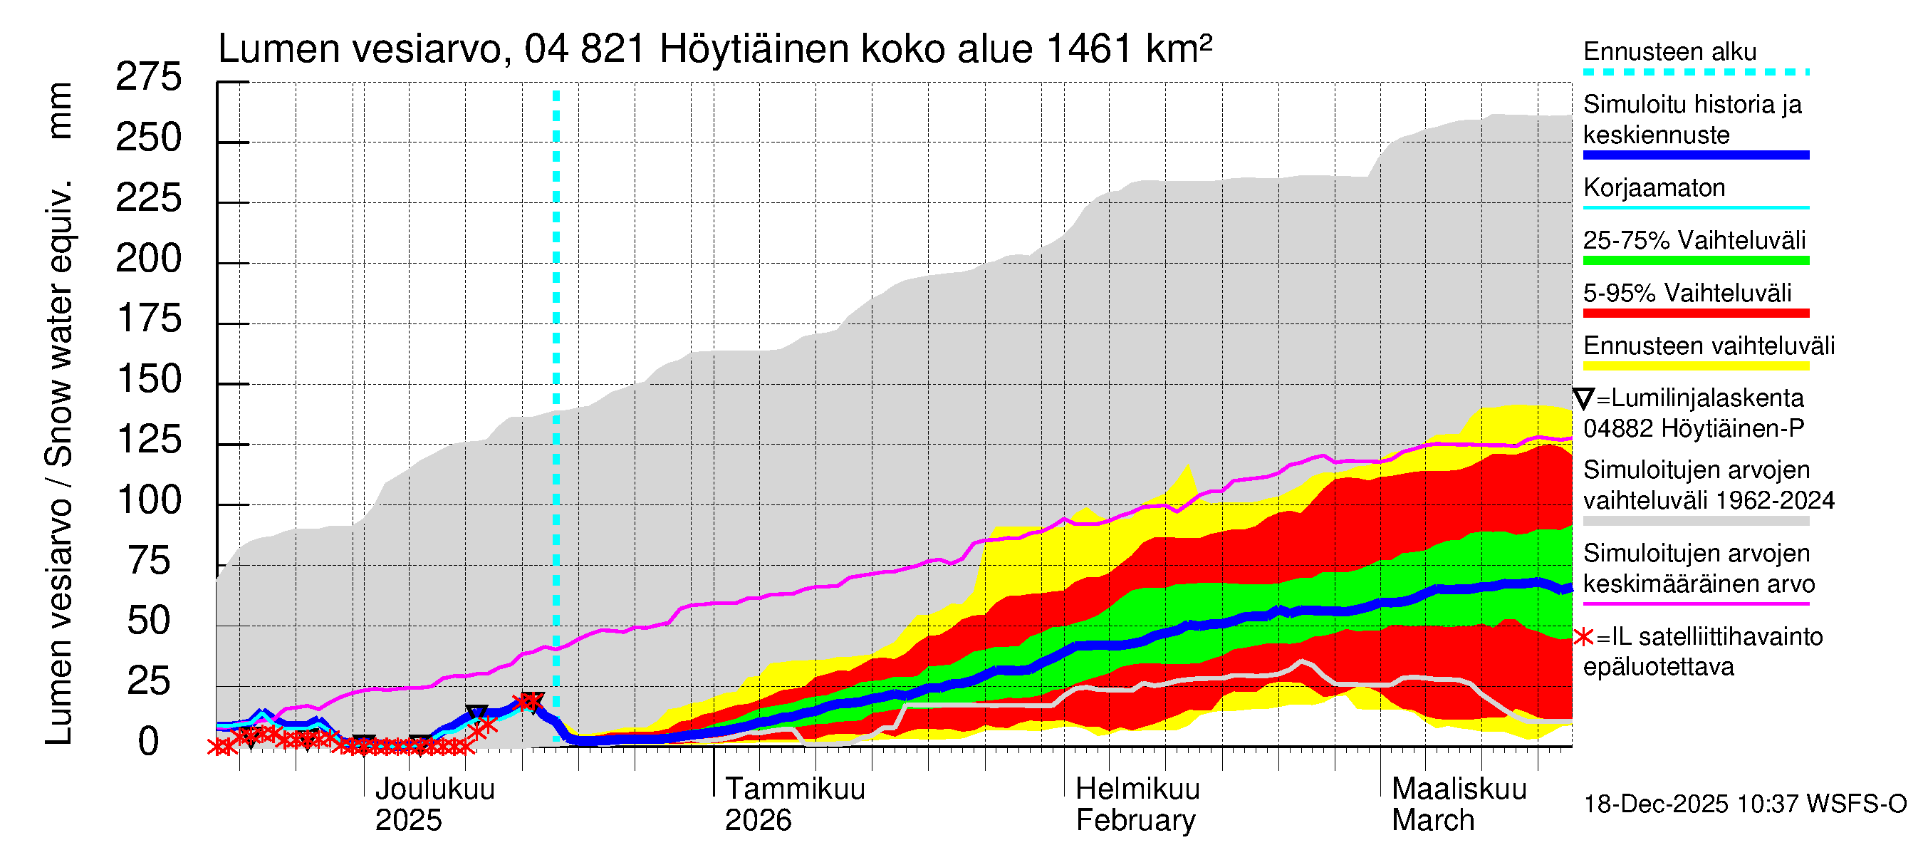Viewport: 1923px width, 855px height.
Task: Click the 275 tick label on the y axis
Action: point(149,77)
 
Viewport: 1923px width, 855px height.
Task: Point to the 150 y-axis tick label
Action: point(150,379)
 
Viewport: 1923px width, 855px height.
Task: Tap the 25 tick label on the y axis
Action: point(150,681)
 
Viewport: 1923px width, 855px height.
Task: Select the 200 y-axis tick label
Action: point(149,259)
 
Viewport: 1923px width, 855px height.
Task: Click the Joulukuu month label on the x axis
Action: point(434,789)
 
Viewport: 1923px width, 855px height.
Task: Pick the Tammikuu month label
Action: point(795,789)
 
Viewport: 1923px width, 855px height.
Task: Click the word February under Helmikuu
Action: point(1135,820)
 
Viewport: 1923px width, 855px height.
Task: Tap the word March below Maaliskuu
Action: point(1432,820)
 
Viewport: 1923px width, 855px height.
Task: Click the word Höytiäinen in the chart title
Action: point(754,49)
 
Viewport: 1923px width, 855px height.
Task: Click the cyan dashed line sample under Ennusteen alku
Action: point(1695,73)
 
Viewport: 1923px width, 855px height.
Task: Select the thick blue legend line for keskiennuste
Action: point(1695,155)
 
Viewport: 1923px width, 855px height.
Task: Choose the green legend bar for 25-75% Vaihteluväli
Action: point(1695,261)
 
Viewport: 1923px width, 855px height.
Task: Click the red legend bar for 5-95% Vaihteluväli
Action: point(1695,313)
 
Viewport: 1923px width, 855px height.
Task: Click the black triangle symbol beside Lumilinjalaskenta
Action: point(1583,399)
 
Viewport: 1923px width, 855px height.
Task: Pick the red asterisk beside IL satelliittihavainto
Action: point(1583,638)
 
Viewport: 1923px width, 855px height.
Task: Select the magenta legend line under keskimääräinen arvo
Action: point(1695,603)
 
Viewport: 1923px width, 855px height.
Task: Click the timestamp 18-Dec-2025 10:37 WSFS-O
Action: point(1744,804)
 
